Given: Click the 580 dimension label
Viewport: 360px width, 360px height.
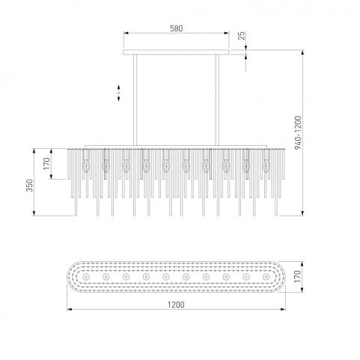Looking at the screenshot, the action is point(176,28).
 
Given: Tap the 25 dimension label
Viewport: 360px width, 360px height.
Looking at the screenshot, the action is point(242,35).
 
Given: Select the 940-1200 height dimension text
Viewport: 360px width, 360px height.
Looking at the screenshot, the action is point(298,132).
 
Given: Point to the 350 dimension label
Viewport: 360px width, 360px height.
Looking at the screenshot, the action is point(30,186).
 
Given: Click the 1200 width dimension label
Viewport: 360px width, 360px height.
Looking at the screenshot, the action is point(176,305).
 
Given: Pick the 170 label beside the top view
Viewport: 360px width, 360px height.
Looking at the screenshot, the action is point(298,276).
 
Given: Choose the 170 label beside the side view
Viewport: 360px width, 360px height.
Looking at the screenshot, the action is point(46,164).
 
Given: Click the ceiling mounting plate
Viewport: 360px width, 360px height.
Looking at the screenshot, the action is point(176,52).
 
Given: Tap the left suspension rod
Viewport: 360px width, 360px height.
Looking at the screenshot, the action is point(135,100).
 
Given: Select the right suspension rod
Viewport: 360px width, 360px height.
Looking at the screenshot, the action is point(217,100).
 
